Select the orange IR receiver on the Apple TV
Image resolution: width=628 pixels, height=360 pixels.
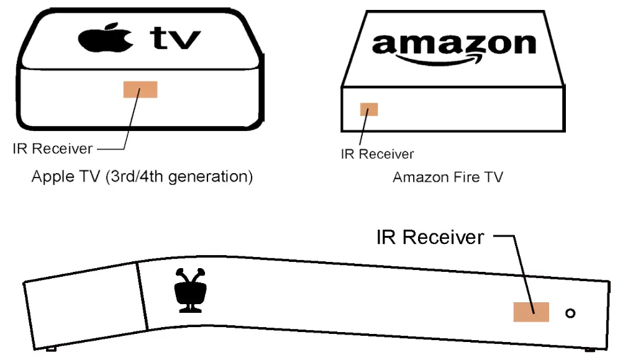click(140, 89)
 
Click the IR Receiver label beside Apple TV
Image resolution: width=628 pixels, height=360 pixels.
click(53, 149)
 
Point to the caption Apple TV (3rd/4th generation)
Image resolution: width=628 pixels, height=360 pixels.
click(142, 177)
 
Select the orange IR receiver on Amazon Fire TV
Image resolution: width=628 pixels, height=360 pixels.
click(369, 110)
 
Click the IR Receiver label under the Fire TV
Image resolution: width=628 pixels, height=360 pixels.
click(377, 154)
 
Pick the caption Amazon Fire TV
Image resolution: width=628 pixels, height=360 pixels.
click(448, 178)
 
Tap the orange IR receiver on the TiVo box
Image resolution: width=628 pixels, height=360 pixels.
click(531, 312)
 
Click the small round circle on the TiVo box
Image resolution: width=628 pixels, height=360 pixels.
click(570, 313)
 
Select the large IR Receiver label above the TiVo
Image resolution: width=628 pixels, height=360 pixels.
click(430, 237)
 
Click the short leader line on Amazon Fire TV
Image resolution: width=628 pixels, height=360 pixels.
click(363, 131)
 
